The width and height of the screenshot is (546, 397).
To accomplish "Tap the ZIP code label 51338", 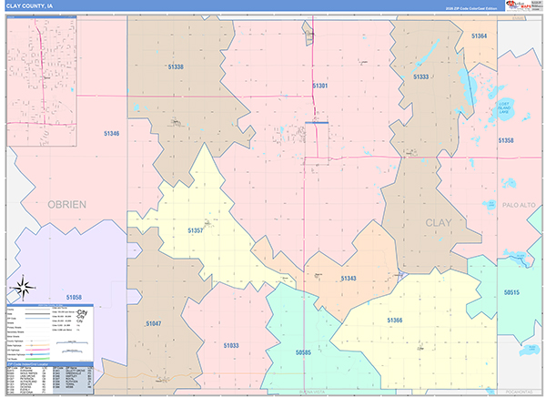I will [176, 67].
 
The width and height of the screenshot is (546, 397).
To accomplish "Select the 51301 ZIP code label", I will [319, 85].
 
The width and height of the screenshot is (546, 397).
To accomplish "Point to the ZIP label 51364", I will [480, 36].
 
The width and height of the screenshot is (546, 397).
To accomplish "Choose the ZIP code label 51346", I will [111, 134].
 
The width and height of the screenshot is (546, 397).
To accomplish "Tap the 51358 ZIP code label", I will [506, 140].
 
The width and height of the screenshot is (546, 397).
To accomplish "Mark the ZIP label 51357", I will [196, 231].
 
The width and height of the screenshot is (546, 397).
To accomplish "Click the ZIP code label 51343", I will [349, 278].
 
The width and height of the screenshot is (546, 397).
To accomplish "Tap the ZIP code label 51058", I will [74, 298].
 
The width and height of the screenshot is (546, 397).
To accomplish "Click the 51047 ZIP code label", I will [152, 323].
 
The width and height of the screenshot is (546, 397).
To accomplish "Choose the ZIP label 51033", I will [231, 345].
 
